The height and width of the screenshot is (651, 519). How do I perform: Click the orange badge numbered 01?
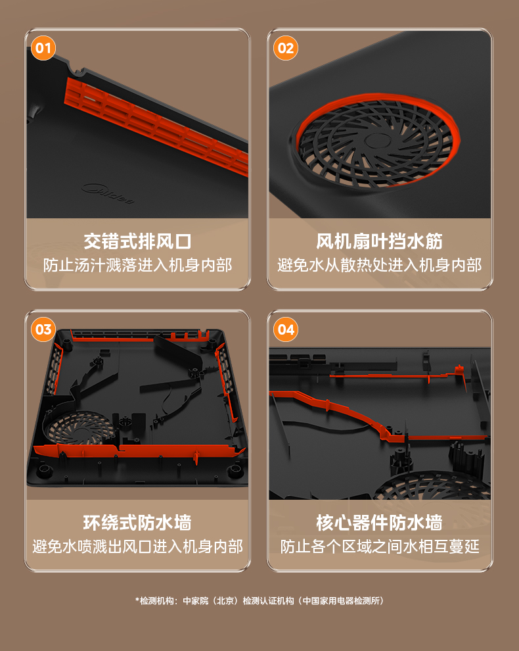click(43, 48)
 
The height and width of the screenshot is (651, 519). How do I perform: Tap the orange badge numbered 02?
click(285, 48)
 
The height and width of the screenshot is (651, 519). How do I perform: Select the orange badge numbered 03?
click(43, 329)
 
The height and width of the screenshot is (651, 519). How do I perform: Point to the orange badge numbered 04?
click(285, 329)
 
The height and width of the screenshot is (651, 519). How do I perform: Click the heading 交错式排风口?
click(137, 241)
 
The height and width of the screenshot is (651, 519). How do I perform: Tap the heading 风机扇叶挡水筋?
click(379, 241)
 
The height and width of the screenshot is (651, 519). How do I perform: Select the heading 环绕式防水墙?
click(137, 522)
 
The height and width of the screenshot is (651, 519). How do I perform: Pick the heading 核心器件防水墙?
click(379, 522)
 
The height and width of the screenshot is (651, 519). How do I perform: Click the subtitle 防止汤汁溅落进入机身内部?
click(137, 265)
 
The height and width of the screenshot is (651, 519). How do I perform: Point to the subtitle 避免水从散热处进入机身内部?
click(379, 265)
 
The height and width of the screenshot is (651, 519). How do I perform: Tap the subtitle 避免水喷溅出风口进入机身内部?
click(137, 546)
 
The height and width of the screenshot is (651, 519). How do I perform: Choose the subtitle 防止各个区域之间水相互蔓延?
click(379, 546)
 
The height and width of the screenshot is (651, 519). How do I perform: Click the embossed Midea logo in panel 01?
click(108, 193)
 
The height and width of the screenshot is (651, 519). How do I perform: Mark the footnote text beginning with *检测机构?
click(259, 601)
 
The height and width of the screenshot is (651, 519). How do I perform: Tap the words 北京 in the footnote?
click(225, 601)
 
